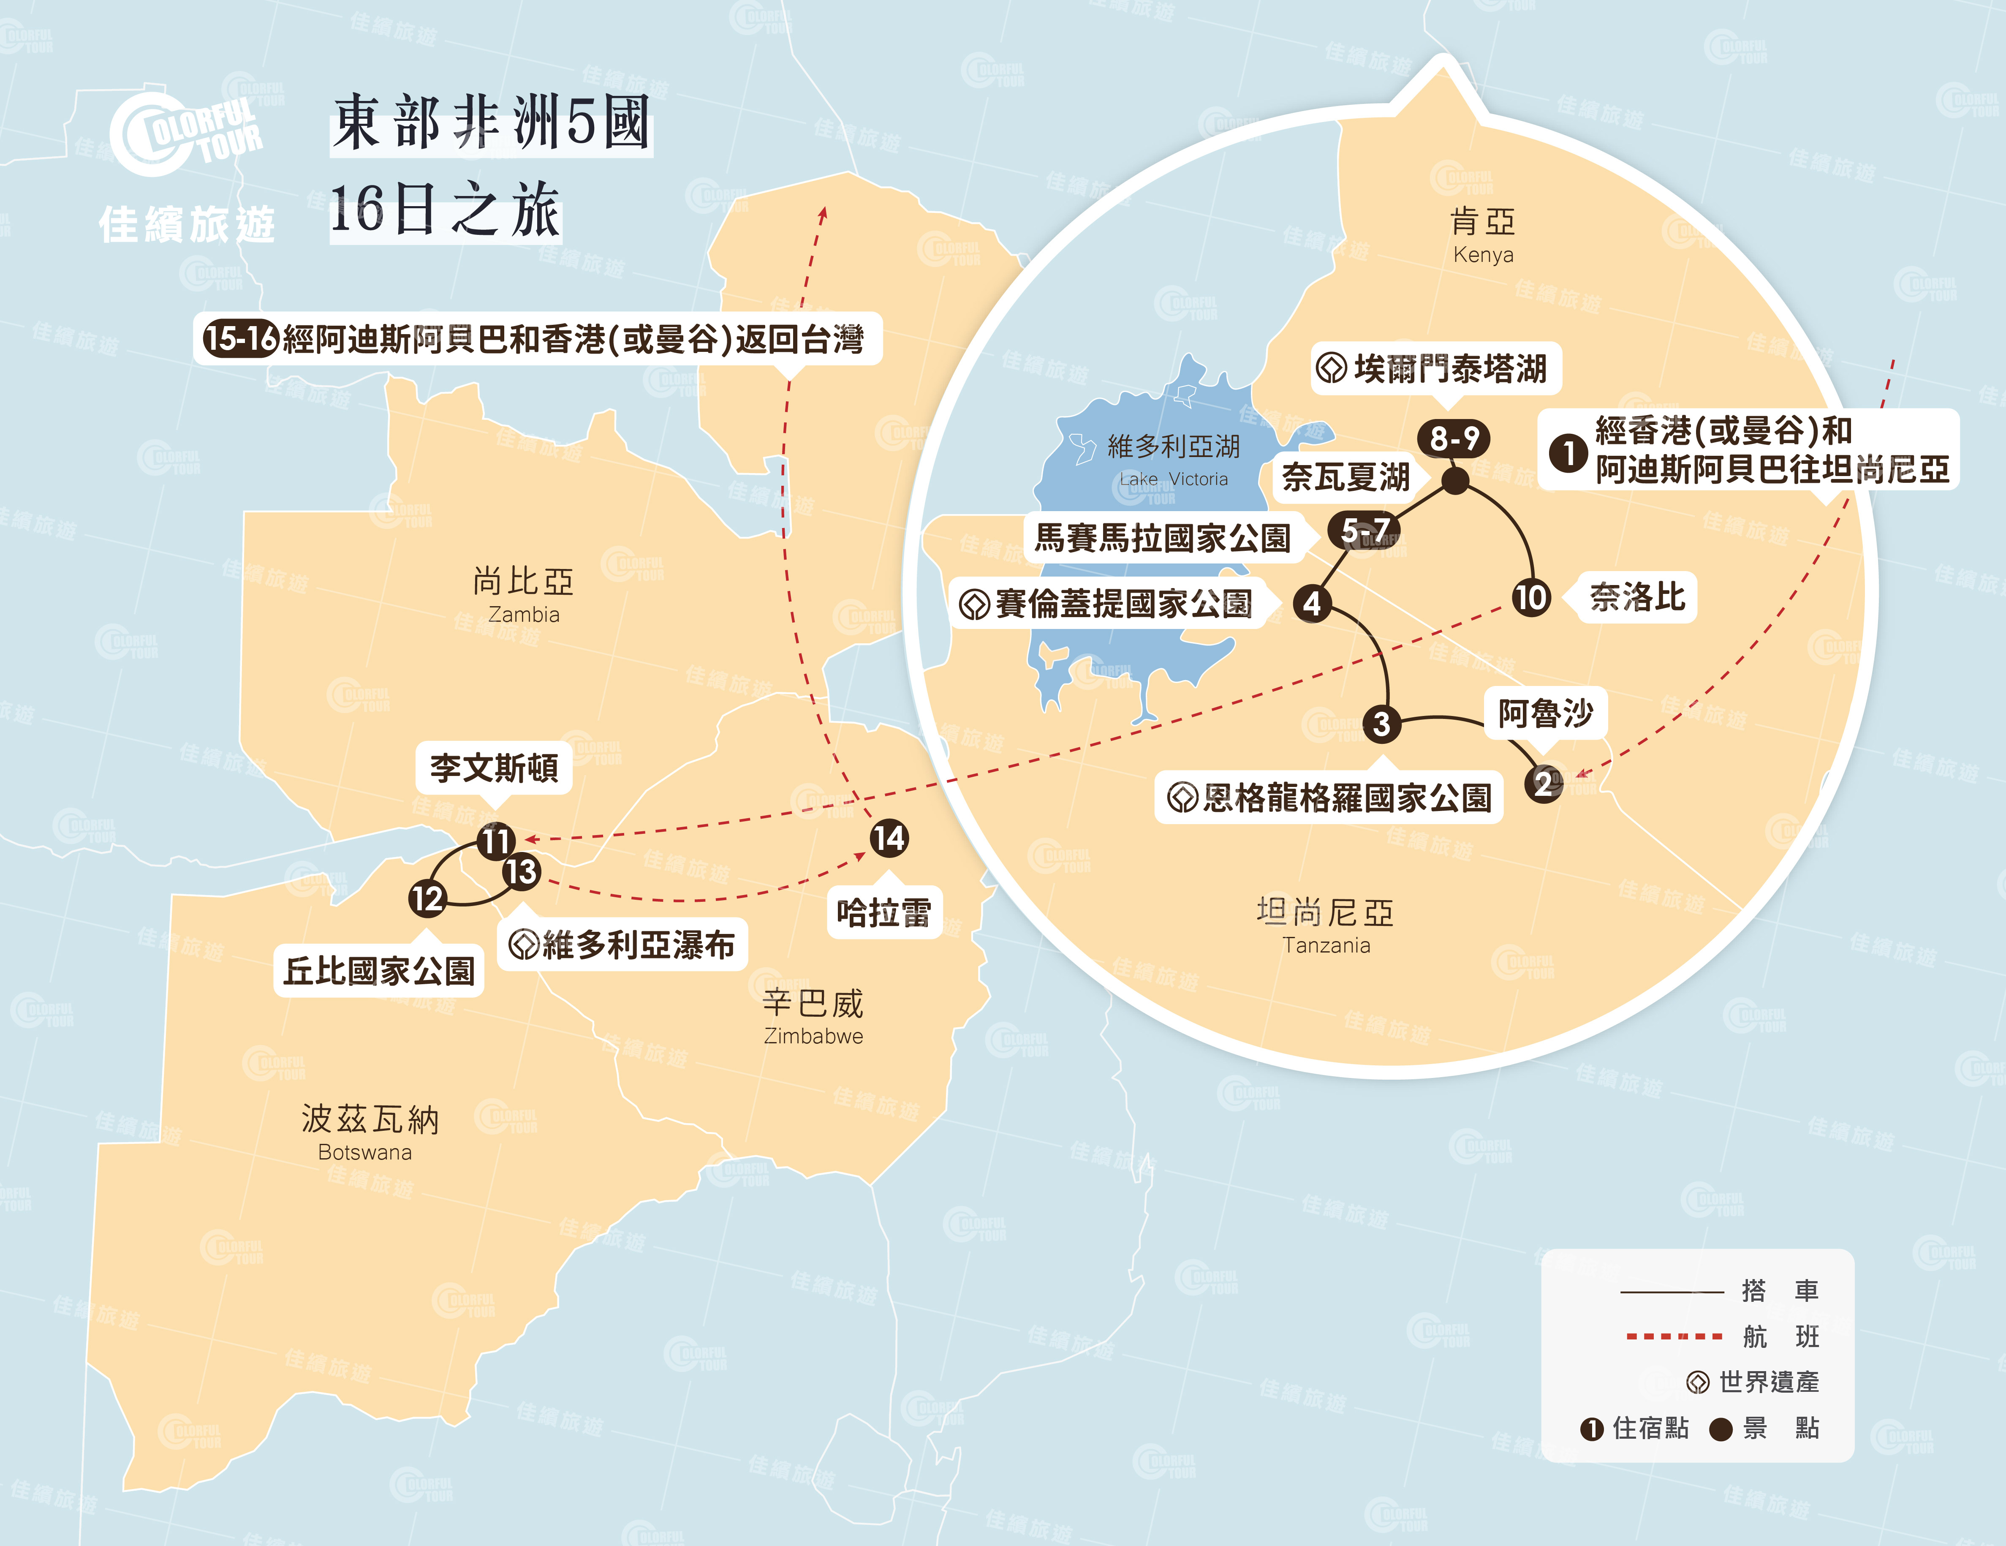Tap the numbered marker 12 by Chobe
(x=427, y=898)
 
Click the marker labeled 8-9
(x=1454, y=438)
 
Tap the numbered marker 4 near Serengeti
(x=1313, y=604)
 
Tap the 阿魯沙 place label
(x=1546, y=713)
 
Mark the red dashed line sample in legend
(x=1674, y=1336)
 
